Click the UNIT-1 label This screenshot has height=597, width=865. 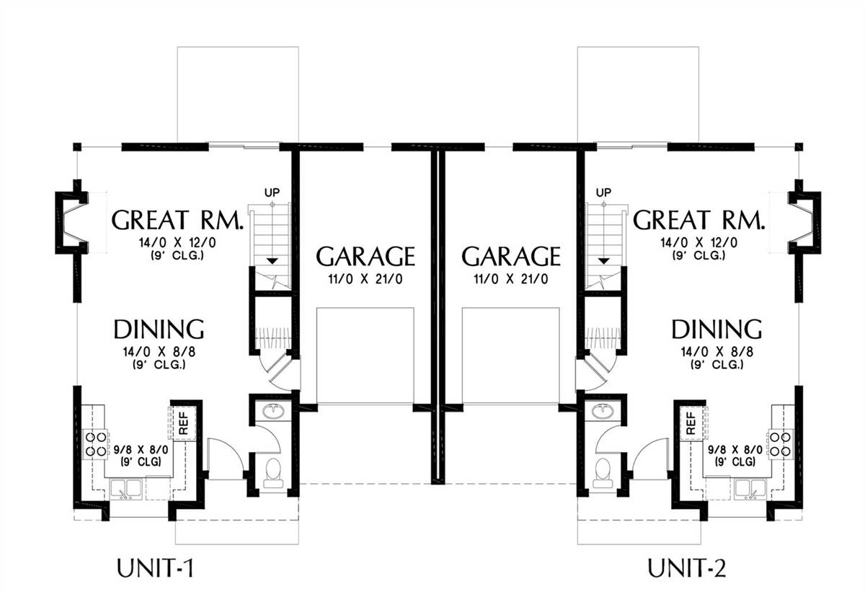[x=155, y=568]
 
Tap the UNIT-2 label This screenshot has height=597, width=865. [x=686, y=568]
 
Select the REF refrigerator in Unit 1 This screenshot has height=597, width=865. [x=183, y=423]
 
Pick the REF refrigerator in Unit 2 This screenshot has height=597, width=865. [x=691, y=423]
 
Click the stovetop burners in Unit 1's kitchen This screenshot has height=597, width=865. [x=95, y=443]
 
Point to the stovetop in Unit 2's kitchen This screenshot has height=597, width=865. [x=780, y=443]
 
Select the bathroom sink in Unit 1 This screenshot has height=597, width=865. [x=274, y=411]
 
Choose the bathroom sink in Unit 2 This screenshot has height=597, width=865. [x=603, y=411]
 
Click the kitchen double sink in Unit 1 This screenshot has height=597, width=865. [x=126, y=489]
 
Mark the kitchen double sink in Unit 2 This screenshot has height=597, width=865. [x=750, y=489]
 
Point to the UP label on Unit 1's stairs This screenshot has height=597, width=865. [x=272, y=192]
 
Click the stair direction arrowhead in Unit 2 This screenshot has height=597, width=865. [x=604, y=261]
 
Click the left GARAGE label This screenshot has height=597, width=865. [x=365, y=256]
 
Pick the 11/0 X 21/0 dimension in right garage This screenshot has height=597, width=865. [x=511, y=279]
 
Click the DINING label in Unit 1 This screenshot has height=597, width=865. [x=159, y=329]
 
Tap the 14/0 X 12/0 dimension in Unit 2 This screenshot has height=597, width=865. [x=699, y=242]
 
